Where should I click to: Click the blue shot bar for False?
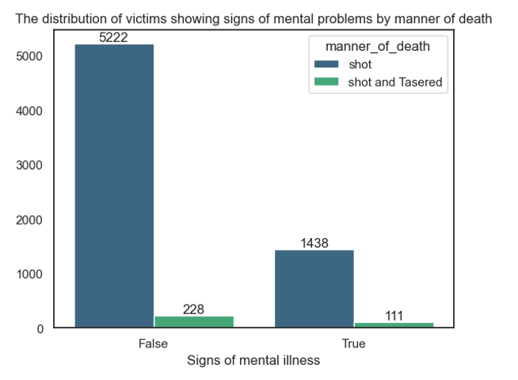[x=114, y=186]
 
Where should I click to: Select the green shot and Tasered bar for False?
[x=194, y=322]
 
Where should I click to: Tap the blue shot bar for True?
[x=314, y=289]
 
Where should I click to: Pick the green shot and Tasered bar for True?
[x=394, y=324]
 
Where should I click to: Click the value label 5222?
[x=113, y=37]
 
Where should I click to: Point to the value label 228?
[x=193, y=309]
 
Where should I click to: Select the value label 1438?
[x=314, y=244]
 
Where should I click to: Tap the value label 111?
[x=394, y=316]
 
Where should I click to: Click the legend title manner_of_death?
[x=378, y=47]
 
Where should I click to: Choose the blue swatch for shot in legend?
[x=326, y=64]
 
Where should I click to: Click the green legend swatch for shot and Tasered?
[x=326, y=82]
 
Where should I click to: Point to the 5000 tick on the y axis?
[x=29, y=56]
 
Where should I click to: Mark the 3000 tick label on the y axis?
[x=29, y=165]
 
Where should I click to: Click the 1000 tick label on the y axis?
[x=29, y=274]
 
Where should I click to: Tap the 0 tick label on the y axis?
[x=40, y=329]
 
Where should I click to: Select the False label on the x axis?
[x=153, y=344]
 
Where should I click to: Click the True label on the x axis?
[x=353, y=344]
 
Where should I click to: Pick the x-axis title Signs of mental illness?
[x=253, y=360]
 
